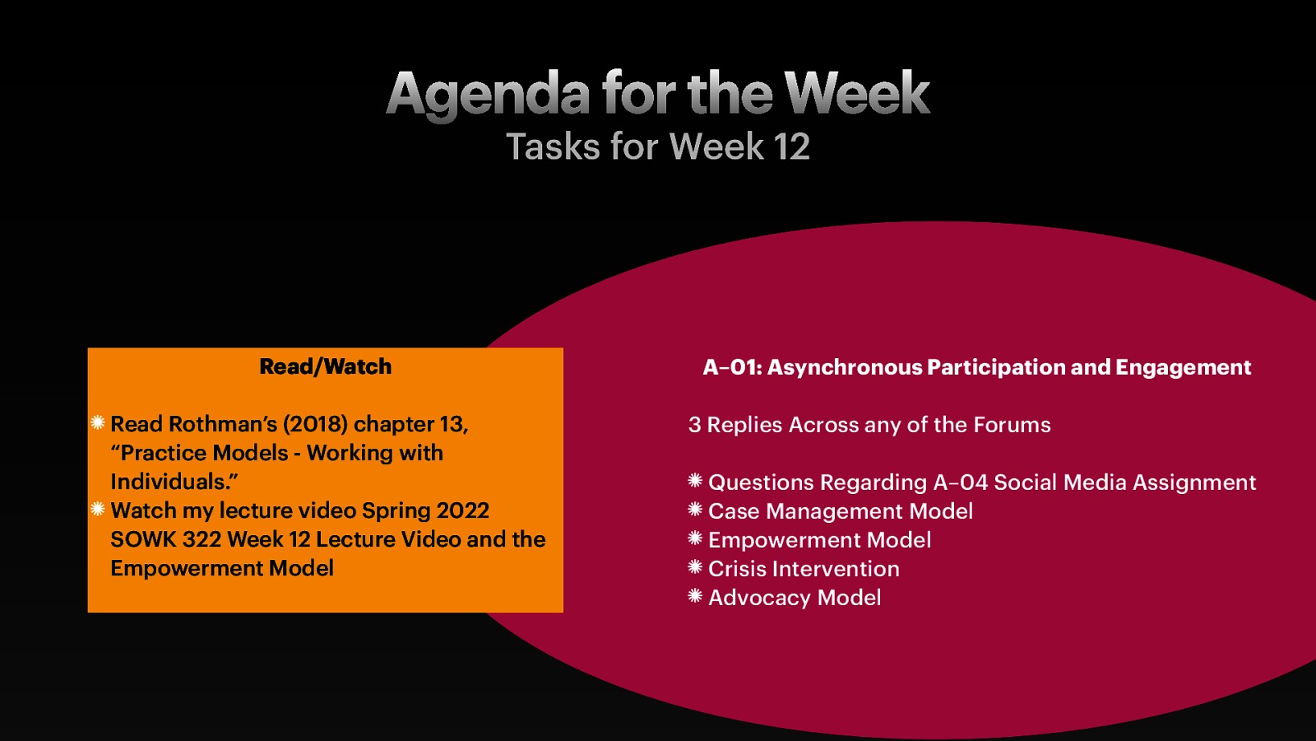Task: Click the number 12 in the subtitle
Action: coord(791,147)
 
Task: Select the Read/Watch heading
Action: coord(325,366)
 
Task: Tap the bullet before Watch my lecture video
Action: coord(98,510)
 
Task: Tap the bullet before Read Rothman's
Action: coord(98,423)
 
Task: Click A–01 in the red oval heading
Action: coord(731,367)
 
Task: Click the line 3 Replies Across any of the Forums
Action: coord(869,425)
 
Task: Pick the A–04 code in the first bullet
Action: coord(960,482)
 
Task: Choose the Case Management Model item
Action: coord(840,511)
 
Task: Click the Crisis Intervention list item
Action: coord(804,569)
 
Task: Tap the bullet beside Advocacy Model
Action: coord(695,596)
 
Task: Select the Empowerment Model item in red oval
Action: coord(819,540)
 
